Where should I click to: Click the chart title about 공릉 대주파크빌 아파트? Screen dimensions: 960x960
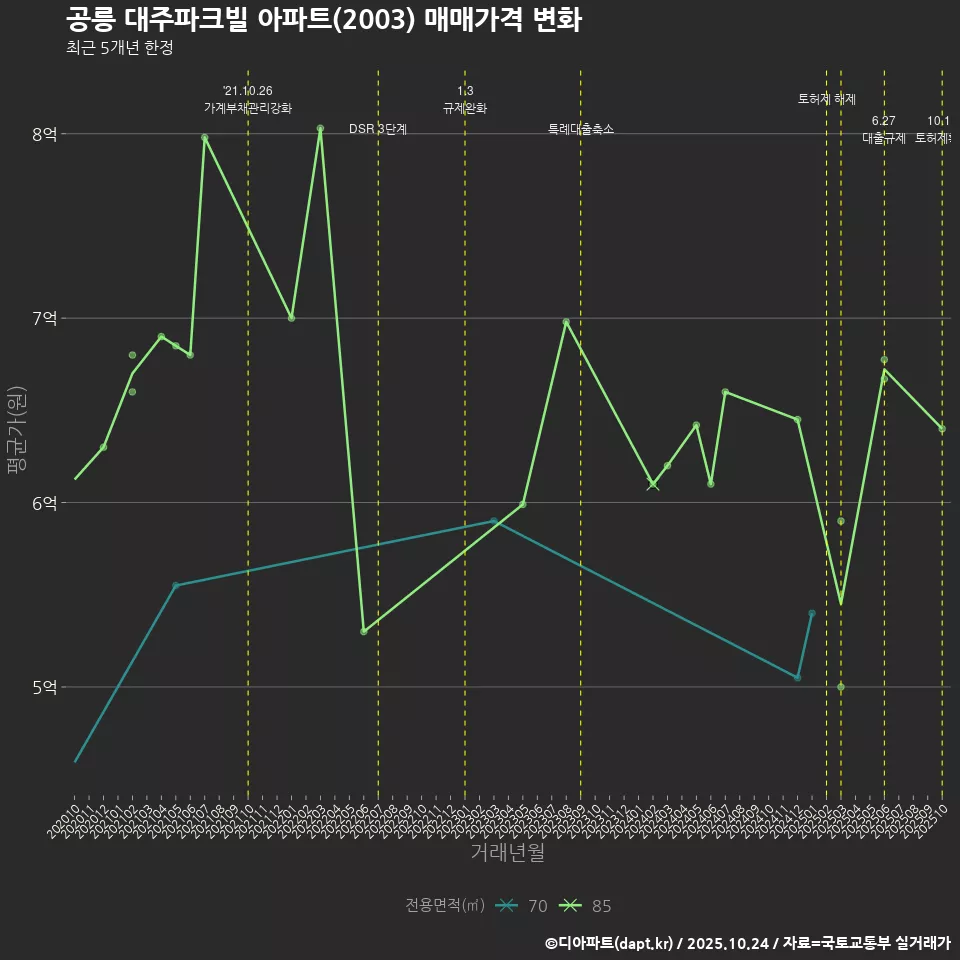coord(323,20)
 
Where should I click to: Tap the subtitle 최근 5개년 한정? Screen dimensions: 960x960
coord(119,48)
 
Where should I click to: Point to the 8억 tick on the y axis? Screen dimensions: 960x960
coord(43,134)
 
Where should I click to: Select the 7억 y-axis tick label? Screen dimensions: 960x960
coord(43,318)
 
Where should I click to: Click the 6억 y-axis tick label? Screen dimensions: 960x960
coord(43,503)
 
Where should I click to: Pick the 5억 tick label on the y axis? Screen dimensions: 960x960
coord(43,687)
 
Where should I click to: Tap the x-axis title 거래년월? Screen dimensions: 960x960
coord(507,853)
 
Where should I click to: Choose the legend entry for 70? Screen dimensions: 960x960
coord(522,906)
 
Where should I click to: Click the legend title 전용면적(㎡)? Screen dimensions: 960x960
coord(445,906)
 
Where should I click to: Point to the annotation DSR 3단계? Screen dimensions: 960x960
coord(378,129)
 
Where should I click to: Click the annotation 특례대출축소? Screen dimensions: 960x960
coord(581,129)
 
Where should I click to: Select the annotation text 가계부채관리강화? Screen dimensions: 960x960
coord(248,108)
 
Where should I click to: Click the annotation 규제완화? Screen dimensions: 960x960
coord(465,108)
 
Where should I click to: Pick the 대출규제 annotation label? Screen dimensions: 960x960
coord(884,138)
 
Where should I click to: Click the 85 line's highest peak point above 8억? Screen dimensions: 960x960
coord(320,128)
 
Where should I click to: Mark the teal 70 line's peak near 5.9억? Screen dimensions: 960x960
coord(494,521)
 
